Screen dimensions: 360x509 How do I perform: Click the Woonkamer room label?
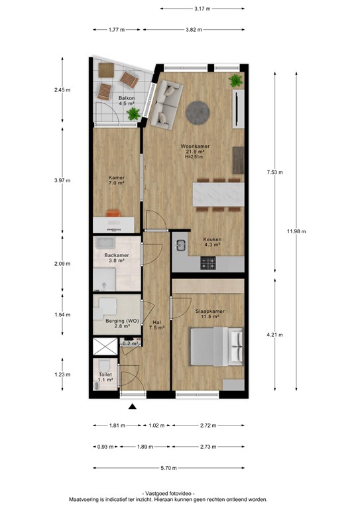click(195, 146)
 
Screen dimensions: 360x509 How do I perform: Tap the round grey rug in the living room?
click(198, 113)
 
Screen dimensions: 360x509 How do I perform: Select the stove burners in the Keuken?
click(208, 263)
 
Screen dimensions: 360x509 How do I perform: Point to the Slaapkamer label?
click(210, 311)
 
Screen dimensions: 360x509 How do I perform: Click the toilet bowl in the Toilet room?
click(105, 366)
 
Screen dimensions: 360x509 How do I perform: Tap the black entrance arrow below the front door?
click(132, 406)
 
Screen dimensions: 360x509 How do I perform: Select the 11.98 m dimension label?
click(296, 231)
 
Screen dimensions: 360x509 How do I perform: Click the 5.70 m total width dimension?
click(169, 468)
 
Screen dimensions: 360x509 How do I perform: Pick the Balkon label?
click(127, 98)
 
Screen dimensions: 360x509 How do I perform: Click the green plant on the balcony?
click(133, 114)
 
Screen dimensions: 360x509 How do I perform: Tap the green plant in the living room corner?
click(235, 80)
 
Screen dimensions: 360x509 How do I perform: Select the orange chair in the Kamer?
click(113, 213)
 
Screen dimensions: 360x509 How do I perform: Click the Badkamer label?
click(117, 255)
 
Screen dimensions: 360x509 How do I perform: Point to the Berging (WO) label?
click(122, 321)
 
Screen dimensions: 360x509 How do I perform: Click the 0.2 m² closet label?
click(131, 343)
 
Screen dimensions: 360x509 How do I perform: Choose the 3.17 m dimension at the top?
click(202, 9)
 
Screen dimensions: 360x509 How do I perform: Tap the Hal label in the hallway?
click(156, 323)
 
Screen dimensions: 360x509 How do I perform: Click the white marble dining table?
click(218, 194)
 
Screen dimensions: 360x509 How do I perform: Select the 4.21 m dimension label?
click(274, 335)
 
